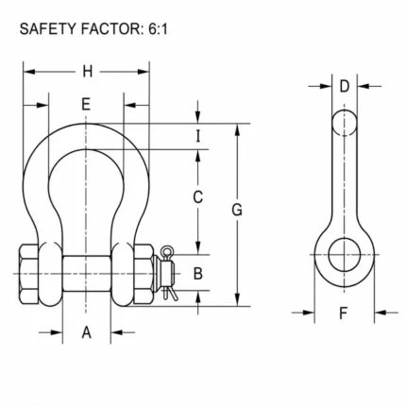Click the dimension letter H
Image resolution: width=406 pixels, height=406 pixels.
[88, 72]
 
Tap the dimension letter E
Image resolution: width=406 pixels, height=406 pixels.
[86, 104]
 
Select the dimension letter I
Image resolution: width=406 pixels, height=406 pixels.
[197, 136]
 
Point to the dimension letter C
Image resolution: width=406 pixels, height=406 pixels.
[197, 197]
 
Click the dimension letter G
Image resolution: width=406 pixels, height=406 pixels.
[237, 210]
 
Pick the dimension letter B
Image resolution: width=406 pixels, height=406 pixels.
[197, 273]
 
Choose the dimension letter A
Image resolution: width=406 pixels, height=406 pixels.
[87, 332]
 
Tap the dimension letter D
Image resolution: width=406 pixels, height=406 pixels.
[345, 86]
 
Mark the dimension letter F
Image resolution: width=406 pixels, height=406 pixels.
[344, 313]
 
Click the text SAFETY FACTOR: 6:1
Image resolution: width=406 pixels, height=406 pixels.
[93, 29]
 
